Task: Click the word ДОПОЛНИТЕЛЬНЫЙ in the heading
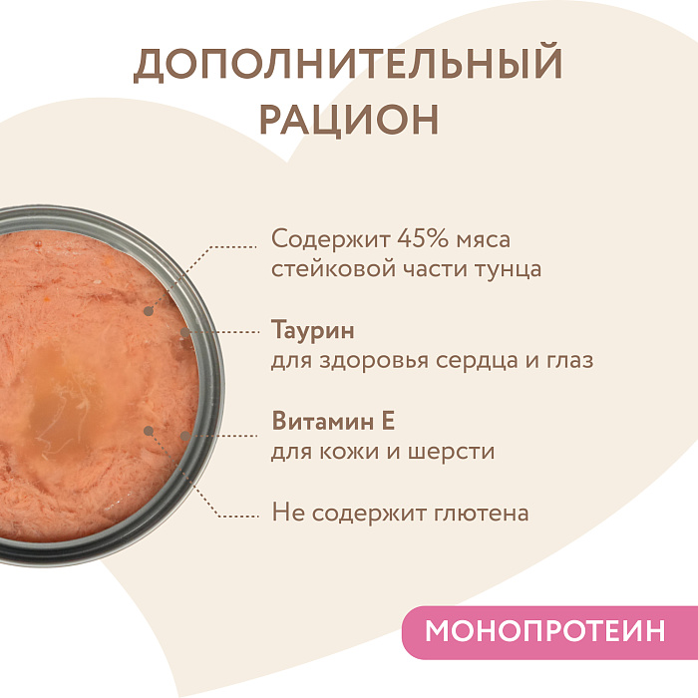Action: (348, 65)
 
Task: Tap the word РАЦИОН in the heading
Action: (348, 118)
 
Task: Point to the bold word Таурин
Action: (312, 330)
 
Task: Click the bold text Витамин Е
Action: (334, 421)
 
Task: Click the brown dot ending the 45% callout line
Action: (149, 310)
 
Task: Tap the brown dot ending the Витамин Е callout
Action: (148, 432)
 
